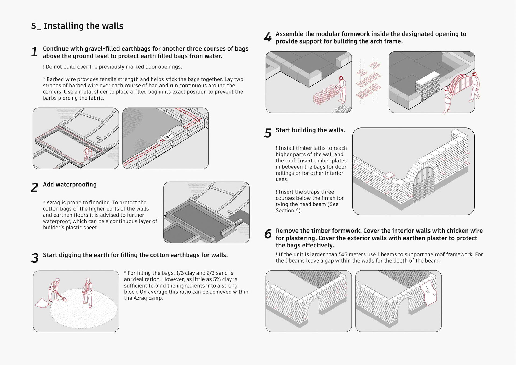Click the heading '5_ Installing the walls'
pos(77,26)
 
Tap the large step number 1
pos(34,52)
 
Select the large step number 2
pos(34,188)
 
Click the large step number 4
pos(268,37)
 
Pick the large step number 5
pos(268,133)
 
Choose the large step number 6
pos(268,234)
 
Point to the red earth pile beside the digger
pos(42,303)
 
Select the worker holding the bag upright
pos(88,293)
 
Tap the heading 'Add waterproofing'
pos(70,185)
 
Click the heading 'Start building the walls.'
pos(310,130)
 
